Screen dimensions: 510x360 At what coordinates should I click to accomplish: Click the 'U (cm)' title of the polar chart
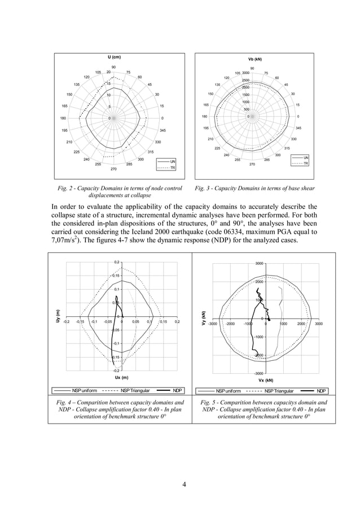(x=114, y=58)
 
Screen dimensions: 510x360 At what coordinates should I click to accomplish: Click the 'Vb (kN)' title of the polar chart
(x=255, y=59)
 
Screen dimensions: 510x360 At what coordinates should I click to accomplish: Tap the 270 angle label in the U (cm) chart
(x=113, y=169)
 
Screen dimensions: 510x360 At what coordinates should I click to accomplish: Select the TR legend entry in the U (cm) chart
(x=173, y=168)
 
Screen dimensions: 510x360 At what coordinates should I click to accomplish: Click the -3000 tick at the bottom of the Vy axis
(x=257, y=373)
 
